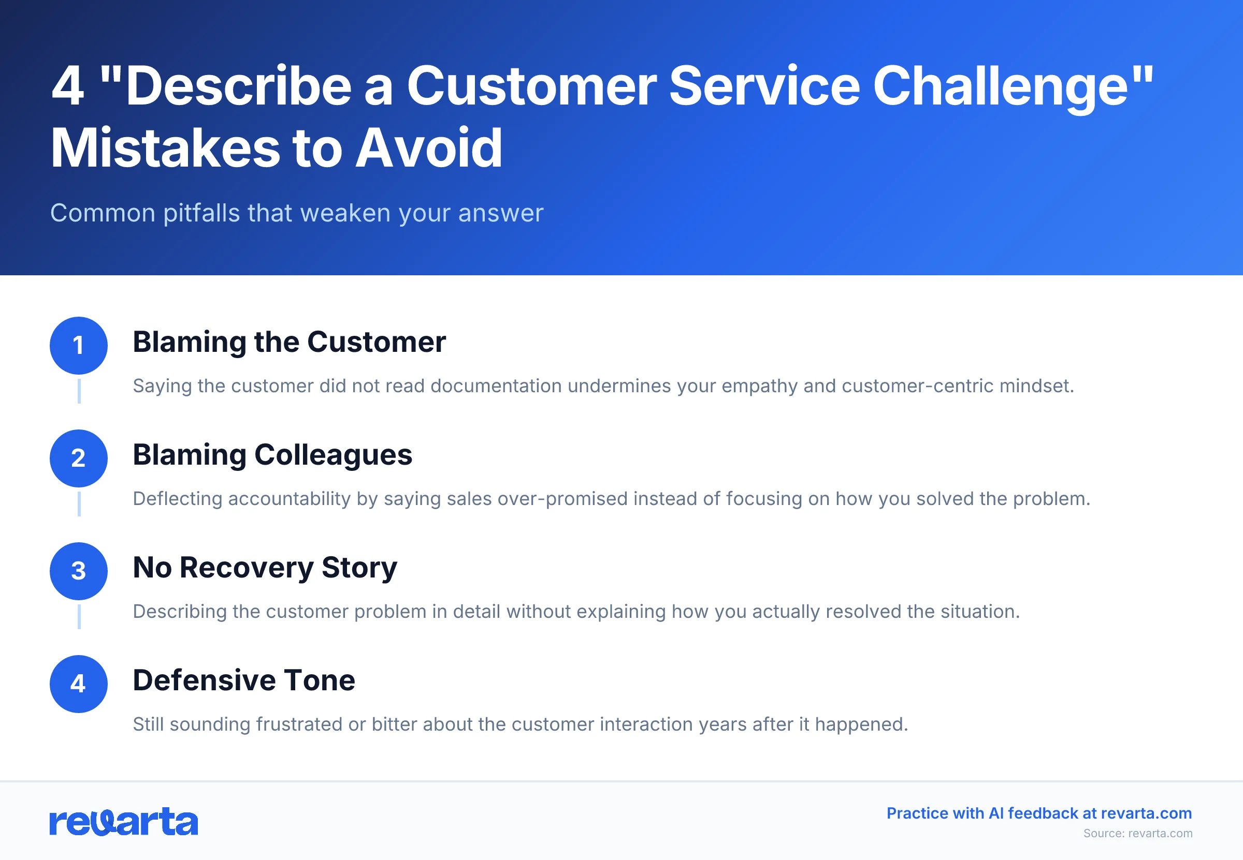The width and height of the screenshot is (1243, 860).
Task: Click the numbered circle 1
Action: coord(79,346)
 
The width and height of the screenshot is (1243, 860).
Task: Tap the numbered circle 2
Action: coord(79,458)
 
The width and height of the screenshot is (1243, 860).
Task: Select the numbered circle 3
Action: coord(79,571)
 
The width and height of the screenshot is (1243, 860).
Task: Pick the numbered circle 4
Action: coord(79,684)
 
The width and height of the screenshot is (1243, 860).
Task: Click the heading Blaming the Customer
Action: coord(289,342)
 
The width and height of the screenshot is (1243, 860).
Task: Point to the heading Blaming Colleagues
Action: coord(272,455)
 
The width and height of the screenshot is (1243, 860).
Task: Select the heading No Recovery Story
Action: coord(265,568)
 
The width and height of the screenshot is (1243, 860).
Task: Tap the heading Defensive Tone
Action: coord(244,680)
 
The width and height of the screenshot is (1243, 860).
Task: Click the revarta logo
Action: coord(123,822)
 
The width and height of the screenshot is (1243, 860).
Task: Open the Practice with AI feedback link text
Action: coord(1038,813)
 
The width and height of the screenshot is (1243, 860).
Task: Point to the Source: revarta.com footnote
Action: coord(1138,833)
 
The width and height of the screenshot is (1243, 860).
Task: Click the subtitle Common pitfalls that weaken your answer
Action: coord(297,213)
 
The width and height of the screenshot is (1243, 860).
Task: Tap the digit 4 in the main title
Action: coord(68,86)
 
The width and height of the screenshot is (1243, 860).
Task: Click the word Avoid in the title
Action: coord(429,148)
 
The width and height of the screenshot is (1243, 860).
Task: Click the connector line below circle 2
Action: coord(79,504)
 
